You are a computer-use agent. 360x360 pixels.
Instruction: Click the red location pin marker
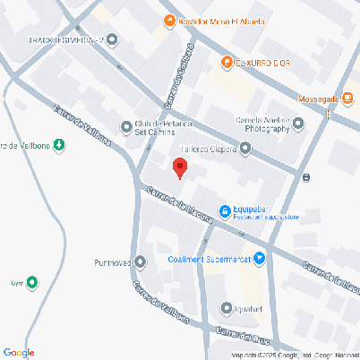[x=179, y=167]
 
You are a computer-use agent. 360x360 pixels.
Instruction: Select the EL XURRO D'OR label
[x=259, y=62]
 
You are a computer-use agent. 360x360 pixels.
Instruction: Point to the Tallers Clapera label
[x=209, y=149]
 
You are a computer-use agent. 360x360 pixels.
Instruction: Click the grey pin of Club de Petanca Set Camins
[x=125, y=125]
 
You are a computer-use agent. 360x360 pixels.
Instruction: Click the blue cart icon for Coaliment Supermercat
[x=260, y=260]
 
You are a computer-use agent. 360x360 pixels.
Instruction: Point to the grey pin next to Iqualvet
[x=227, y=308]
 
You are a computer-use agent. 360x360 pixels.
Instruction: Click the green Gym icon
[x=33, y=284]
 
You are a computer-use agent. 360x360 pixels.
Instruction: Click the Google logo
[x=19, y=352]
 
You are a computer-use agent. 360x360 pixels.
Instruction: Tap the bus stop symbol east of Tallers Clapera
[x=307, y=177]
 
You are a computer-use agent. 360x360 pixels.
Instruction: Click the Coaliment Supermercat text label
[x=210, y=260]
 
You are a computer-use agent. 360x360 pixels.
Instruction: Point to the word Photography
[x=268, y=129]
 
